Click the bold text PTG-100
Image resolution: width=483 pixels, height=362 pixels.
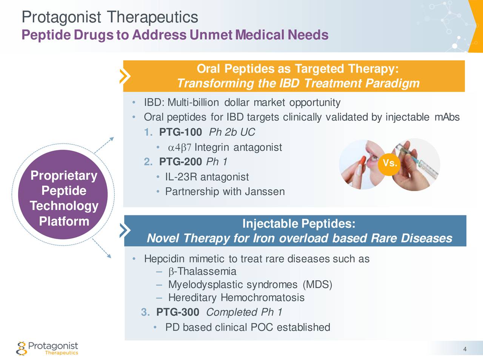(x=180, y=132)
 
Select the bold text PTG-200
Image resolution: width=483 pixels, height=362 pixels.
(x=180, y=162)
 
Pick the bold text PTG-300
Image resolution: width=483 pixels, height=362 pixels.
(x=178, y=312)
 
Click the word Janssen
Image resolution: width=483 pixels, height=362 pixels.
(x=265, y=192)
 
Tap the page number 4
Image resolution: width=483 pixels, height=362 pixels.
(x=465, y=349)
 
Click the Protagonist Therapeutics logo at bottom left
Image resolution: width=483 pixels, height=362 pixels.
(x=47, y=348)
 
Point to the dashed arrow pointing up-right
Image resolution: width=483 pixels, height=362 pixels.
(x=104, y=145)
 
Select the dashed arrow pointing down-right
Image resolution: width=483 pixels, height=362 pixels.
(x=102, y=248)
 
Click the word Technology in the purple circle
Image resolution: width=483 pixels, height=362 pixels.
(x=64, y=206)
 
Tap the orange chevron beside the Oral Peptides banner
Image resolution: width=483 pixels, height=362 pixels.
(x=125, y=76)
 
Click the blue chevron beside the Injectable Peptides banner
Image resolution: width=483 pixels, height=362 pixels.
(x=125, y=230)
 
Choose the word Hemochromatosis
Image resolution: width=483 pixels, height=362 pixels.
(x=263, y=298)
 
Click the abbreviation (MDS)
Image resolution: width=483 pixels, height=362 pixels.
(x=317, y=285)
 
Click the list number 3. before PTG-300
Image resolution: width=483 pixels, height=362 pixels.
(x=145, y=312)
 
